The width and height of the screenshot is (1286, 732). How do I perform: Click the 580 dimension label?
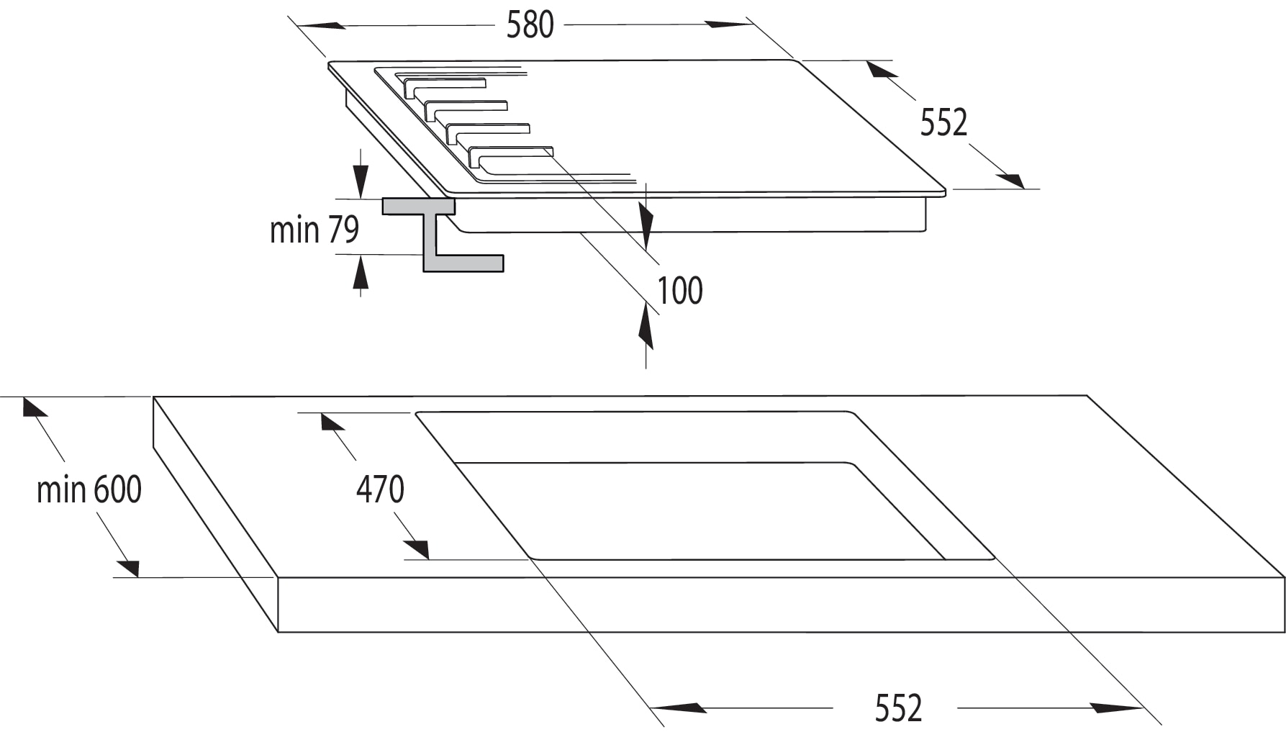(530, 25)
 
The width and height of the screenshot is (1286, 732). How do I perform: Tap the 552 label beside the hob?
(943, 123)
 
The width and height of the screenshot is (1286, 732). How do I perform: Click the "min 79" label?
(314, 230)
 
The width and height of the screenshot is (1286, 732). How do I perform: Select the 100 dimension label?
(680, 291)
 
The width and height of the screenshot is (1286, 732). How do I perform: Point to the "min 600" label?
(89, 490)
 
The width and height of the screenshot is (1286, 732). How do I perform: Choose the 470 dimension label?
(380, 490)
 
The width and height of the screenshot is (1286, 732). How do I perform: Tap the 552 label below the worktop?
(898, 708)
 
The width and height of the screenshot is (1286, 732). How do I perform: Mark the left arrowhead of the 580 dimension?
(321, 26)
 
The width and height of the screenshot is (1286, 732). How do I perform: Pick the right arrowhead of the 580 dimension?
(729, 24)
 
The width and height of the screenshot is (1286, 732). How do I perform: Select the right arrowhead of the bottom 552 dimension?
(1116, 708)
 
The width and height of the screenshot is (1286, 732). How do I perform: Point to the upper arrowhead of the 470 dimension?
(332, 421)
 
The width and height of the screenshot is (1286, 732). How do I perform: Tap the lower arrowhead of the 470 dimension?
(416, 550)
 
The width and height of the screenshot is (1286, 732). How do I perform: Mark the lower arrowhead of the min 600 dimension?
(127, 567)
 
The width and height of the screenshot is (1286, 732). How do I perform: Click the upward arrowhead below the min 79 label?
(361, 272)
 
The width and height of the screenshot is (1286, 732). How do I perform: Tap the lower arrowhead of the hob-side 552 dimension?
(1010, 181)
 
